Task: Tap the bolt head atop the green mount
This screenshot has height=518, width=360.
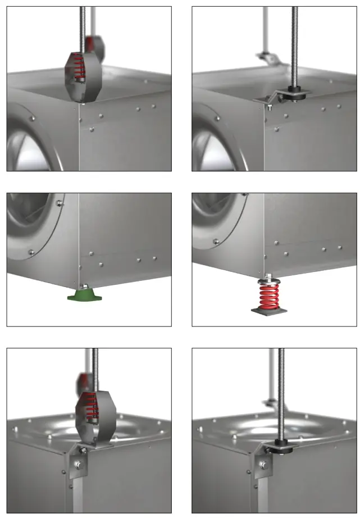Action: coord(84,287)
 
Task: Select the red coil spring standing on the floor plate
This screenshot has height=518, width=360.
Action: coord(268,296)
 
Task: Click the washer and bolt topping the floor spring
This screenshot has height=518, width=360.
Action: coord(268,278)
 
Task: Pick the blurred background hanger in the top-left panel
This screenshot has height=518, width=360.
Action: coord(95,47)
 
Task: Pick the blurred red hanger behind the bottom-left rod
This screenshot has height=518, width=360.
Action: coord(83,383)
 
